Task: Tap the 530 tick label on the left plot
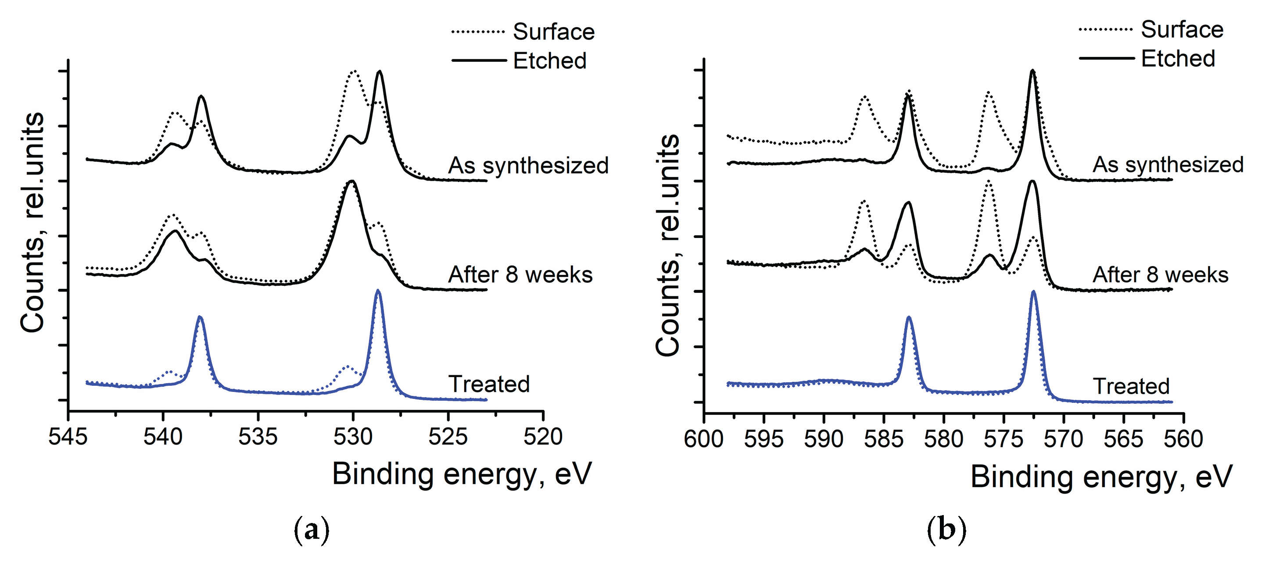tap(353, 436)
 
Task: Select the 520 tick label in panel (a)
tap(543, 436)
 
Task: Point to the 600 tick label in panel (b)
tap(703, 438)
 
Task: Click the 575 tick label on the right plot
tap(1003, 438)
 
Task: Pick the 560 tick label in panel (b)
tap(1183, 438)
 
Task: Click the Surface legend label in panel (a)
tap(553, 32)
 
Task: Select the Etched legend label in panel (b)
tap(1178, 58)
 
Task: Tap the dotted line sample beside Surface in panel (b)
tap(1106, 29)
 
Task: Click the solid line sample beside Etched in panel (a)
tap(478, 61)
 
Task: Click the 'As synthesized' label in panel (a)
tap(528, 165)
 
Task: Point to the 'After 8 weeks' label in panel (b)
tap(1160, 274)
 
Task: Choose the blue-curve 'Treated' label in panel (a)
tap(489, 384)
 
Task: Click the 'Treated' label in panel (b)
tap(1131, 386)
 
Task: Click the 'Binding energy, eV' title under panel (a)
tap(462, 474)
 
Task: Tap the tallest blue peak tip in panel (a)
tap(378, 291)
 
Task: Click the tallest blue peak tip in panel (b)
tap(1033, 292)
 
